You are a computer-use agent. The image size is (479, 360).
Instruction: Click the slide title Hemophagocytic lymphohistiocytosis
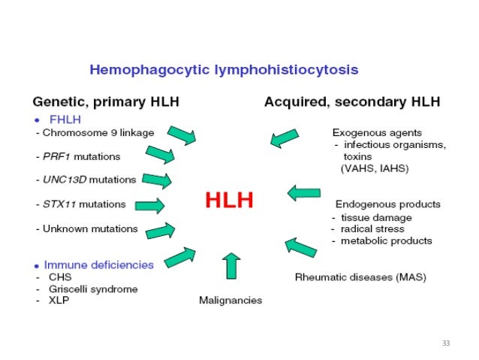point(224,70)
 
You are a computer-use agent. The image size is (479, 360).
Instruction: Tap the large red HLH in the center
point(229,200)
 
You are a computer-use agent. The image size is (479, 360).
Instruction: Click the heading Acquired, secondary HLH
point(351,101)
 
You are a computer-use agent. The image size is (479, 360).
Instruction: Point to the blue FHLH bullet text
point(66,119)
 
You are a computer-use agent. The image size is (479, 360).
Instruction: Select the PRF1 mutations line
point(80,156)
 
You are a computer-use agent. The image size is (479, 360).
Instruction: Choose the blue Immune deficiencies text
point(98,265)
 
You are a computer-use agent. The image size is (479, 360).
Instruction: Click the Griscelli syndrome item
point(92,289)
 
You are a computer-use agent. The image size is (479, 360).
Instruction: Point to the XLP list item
point(58,301)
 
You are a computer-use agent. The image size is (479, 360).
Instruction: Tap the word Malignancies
point(230,300)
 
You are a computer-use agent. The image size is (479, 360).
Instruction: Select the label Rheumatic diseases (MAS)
point(360,277)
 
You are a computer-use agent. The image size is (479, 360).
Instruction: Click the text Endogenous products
point(387,204)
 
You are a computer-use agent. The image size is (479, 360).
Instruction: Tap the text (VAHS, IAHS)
point(375,168)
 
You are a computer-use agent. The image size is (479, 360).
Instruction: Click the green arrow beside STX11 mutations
point(150,204)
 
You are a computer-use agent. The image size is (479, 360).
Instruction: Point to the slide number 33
point(445,343)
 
